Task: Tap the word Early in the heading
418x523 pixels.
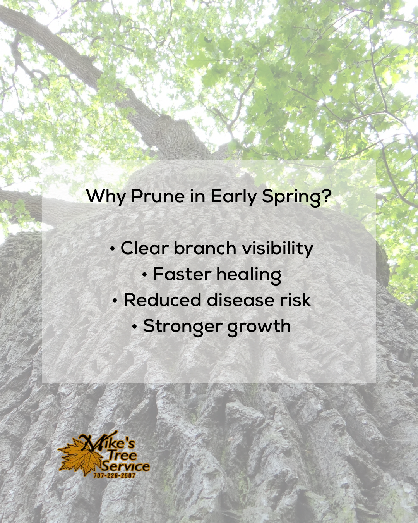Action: (x=233, y=196)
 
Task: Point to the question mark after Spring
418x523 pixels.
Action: (x=327, y=196)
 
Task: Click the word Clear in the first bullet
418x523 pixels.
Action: (x=144, y=248)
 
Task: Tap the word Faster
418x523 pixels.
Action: (x=182, y=274)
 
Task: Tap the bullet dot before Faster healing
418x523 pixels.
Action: (x=144, y=275)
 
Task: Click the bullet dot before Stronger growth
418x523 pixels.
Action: (x=134, y=327)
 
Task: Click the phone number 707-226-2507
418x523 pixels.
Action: (x=114, y=475)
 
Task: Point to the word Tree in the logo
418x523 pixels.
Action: (x=122, y=454)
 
